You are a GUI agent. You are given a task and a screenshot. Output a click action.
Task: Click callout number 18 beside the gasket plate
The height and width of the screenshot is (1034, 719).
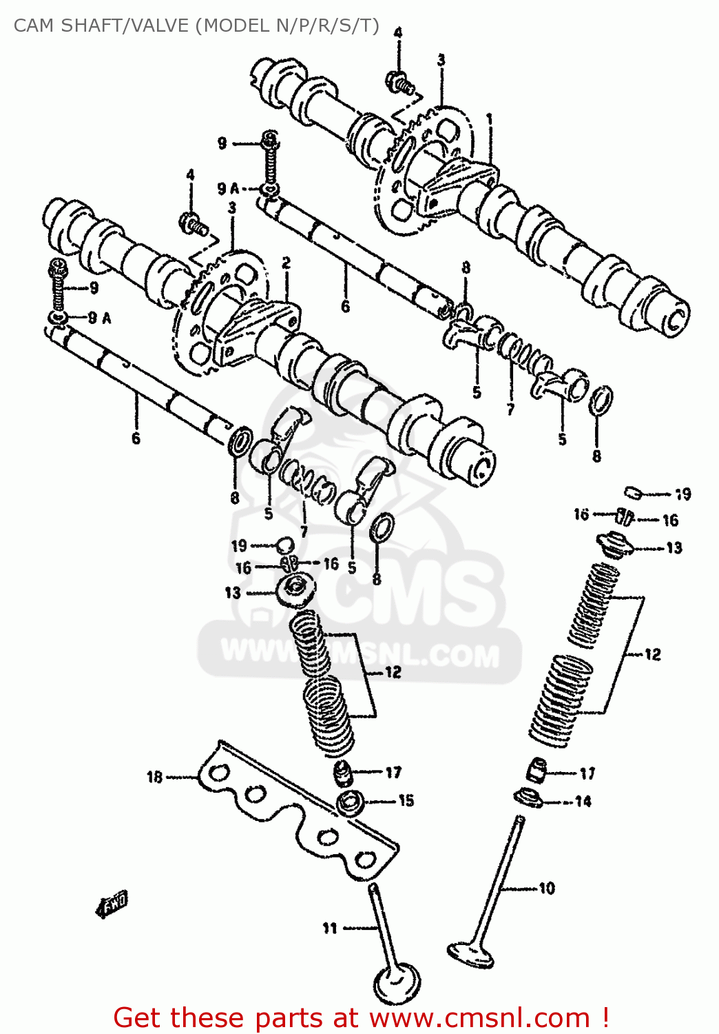(x=154, y=777)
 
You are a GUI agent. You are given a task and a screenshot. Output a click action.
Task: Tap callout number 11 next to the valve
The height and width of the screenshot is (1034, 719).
(x=330, y=929)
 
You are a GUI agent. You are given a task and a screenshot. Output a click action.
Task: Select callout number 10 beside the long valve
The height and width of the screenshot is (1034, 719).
(x=547, y=888)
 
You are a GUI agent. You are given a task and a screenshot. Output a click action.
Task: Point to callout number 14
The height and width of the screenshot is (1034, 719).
(x=583, y=801)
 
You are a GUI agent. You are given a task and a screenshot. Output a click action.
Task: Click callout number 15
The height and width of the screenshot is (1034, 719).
(x=406, y=800)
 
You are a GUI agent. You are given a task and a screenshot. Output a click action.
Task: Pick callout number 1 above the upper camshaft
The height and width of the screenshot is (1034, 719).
(x=490, y=119)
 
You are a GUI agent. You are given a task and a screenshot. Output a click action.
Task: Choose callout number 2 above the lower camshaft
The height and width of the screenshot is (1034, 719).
(x=286, y=263)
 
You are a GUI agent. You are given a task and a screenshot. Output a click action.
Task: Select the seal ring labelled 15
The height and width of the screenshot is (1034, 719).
(x=352, y=803)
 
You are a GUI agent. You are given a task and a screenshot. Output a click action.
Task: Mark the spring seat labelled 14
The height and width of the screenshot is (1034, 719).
(x=528, y=798)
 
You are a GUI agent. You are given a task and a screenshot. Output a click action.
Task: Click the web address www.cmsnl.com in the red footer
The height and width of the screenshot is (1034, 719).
(x=479, y=1018)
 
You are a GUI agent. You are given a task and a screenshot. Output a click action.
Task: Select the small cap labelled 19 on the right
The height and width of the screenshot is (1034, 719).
(x=634, y=492)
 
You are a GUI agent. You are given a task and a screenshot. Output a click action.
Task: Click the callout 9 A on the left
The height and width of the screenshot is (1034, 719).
(x=100, y=318)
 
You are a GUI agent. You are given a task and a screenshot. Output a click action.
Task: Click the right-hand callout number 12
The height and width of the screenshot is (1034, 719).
(x=652, y=654)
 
